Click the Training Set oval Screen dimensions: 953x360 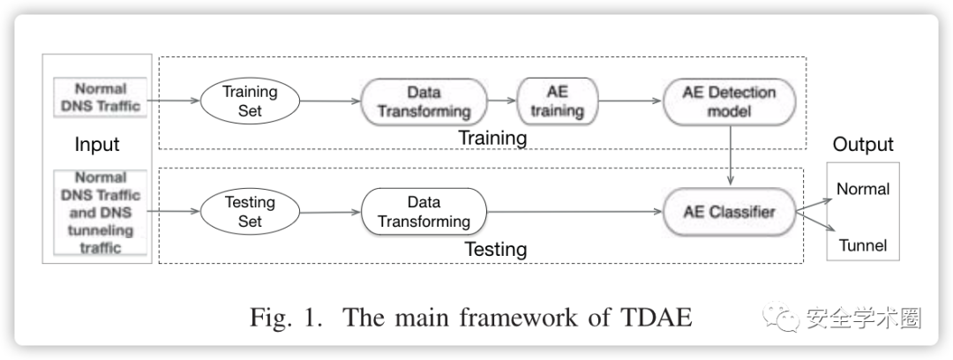[250, 101]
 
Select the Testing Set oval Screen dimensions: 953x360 [250, 212]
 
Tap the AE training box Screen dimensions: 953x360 [558, 101]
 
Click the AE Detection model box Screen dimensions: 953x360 [730, 101]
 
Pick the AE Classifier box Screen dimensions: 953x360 [730, 212]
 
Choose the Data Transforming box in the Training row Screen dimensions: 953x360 [424, 101]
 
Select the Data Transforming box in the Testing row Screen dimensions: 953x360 [424, 212]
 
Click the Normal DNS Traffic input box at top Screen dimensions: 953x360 [101, 97]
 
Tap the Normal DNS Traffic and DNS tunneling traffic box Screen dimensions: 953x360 [101, 213]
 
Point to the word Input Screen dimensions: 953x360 [97, 144]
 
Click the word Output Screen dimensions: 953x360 [863, 144]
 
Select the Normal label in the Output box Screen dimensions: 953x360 [863, 189]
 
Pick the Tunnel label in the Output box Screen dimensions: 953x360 [863, 245]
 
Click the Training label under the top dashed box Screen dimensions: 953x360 [492, 138]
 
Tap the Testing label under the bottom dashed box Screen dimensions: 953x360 [496, 250]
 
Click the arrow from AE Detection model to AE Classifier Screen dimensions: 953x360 [730, 155]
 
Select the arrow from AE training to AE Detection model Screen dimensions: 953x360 [630, 101]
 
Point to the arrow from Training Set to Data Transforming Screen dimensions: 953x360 [331, 101]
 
